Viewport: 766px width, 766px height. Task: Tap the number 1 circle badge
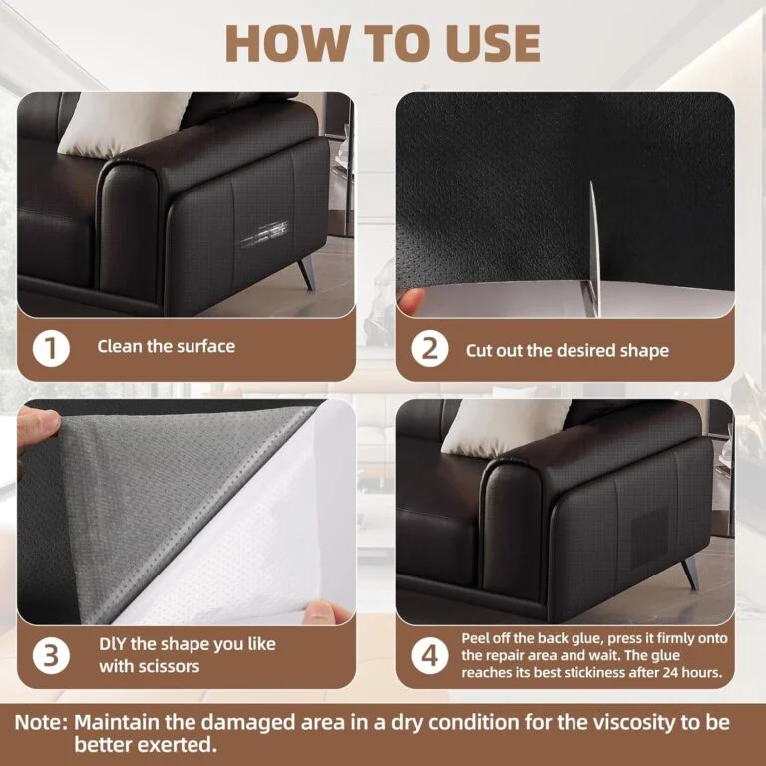[x=51, y=349]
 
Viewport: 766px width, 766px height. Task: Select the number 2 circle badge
[x=430, y=349]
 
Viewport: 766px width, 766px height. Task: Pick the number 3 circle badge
[x=51, y=655]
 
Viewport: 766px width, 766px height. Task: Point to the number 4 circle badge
[x=430, y=655]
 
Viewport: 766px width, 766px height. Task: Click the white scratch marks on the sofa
[x=264, y=233]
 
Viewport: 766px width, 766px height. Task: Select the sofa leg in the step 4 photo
[x=691, y=573]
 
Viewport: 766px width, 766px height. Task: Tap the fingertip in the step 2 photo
[x=411, y=301]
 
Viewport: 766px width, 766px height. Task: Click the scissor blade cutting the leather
[x=592, y=249]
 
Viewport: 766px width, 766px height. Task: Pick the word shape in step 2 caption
[x=644, y=351]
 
